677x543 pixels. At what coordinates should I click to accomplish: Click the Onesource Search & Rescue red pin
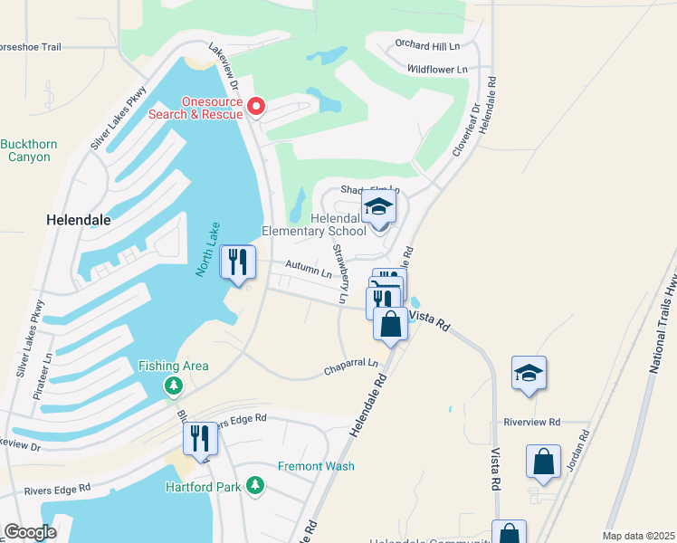click(x=255, y=108)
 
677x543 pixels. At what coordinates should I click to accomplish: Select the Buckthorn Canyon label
click(x=30, y=150)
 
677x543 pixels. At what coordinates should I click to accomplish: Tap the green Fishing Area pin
click(x=174, y=386)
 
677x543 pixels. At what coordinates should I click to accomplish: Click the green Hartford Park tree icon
click(x=256, y=487)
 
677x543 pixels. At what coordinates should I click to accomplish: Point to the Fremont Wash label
click(x=316, y=466)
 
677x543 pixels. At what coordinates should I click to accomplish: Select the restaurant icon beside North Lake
click(x=237, y=263)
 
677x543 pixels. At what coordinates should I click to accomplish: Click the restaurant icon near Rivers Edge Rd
click(x=200, y=439)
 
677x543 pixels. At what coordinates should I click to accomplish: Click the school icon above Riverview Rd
click(x=529, y=373)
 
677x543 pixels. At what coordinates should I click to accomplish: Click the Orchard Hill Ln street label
click(x=427, y=44)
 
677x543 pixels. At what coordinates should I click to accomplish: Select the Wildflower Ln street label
click(x=437, y=69)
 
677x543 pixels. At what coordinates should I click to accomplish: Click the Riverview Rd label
click(x=532, y=422)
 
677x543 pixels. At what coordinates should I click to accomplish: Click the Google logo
click(x=29, y=532)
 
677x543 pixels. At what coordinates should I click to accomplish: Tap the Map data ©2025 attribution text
click(x=638, y=536)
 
